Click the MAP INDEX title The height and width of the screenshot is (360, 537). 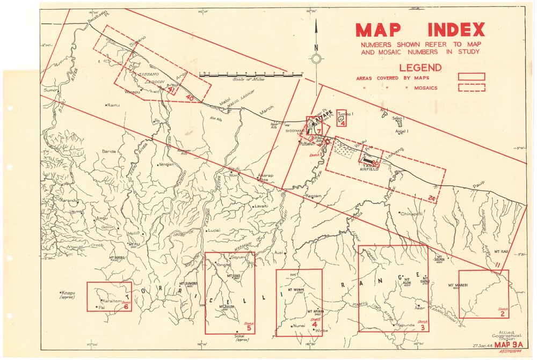pyautogui.click(x=419, y=30)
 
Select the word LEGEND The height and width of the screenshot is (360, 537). pyautogui.click(x=420, y=68)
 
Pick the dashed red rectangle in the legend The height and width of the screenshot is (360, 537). pyautogui.click(x=471, y=87)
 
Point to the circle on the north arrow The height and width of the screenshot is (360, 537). pyautogui.click(x=316, y=58)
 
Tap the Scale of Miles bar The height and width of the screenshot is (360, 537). pyautogui.click(x=250, y=74)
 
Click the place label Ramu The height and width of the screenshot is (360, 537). pyautogui.click(x=113, y=105)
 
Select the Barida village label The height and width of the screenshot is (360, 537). pyautogui.click(x=109, y=152)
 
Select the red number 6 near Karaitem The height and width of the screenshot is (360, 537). pyautogui.click(x=126, y=307)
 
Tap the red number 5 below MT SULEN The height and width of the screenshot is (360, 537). pyautogui.click(x=249, y=328)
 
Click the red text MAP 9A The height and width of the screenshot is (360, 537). pyautogui.click(x=509, y=344)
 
